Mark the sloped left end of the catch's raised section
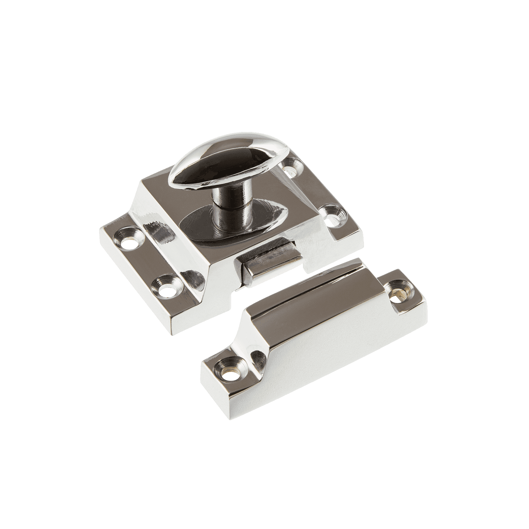click(257, 332)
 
